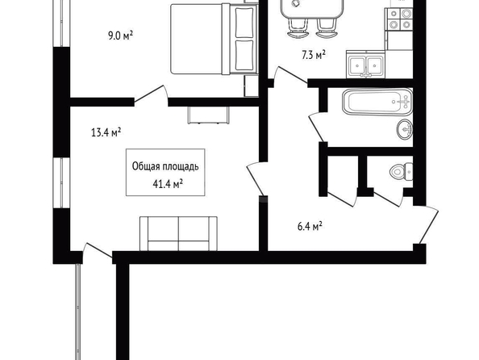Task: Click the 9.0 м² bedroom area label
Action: [x=120, y=36]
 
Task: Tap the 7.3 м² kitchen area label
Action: [x=313, y=56]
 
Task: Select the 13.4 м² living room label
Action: [x=106, y=132]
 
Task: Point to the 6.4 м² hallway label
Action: [x=310, y=227]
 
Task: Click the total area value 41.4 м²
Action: [x=168, y=184]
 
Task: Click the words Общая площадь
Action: [x=165, y=166]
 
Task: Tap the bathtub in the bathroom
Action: [x=377, y=102]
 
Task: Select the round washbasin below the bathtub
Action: [x=406, y=130]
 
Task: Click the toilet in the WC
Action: [x=401, y=172]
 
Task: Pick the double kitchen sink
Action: [x=365, y=64]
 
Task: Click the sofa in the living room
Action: [x=178, y=234]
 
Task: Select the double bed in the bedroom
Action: [x=215, y=40]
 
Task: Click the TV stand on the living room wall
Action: [x=208, y=115]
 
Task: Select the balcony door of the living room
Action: [x=97, y=250]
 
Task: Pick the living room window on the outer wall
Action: [x=61, y=183]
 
